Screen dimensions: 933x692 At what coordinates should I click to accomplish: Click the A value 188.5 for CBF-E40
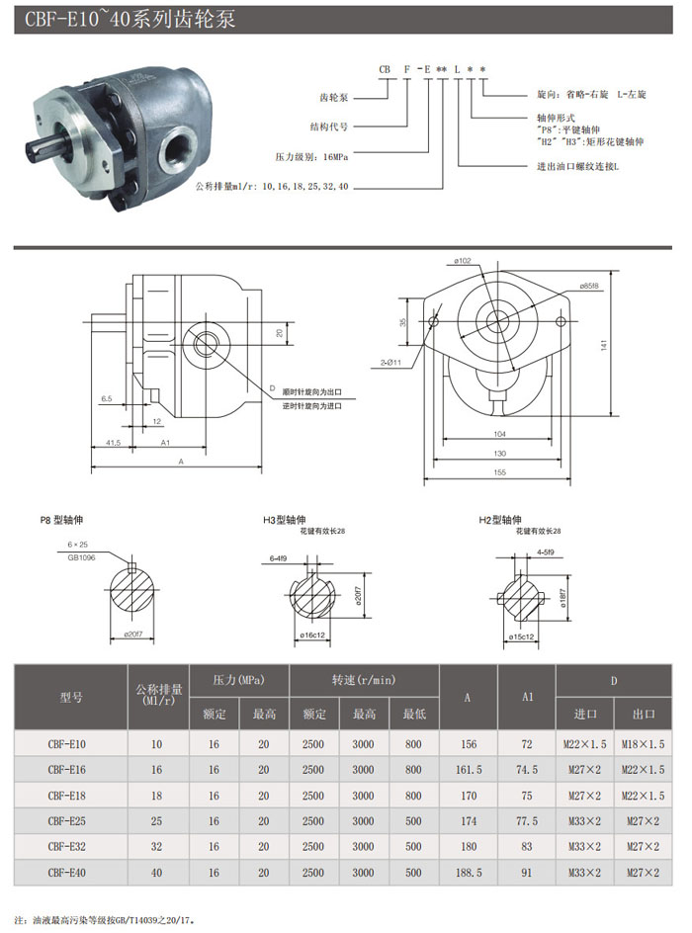coord(468,873)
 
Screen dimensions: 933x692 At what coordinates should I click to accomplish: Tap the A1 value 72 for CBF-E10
coord(527,743)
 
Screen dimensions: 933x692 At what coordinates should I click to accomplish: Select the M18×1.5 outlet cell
coord(644,743)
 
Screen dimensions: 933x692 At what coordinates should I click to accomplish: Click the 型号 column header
coord(70,697)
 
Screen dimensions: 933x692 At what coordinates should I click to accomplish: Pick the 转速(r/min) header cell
coord(363,680)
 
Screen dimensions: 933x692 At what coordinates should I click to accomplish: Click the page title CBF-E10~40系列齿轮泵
coord(124,19)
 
